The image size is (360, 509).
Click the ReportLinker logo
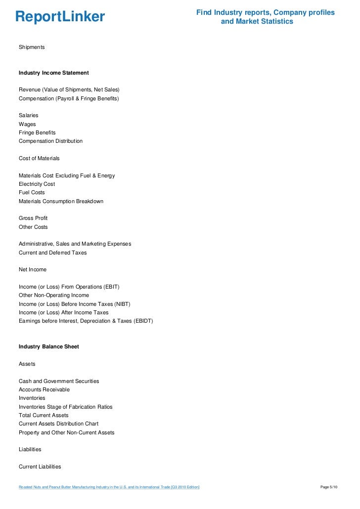click(60, 17)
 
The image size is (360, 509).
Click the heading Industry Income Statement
click(53, 73)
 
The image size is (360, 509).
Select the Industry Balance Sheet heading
click(48, 346)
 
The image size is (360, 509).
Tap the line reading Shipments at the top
click(32, 47)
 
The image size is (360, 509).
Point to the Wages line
click(27, 124)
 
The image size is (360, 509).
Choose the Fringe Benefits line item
click(37, 132)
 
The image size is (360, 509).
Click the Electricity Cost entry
click(37, 184)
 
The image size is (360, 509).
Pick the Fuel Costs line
click(32, 192)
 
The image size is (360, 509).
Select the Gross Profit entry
click(33, 218)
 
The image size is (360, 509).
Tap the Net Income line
click(33, 269)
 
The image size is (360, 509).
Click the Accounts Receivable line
click(44, 389)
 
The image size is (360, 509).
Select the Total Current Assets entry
click(44, 415)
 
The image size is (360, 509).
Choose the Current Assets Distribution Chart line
click(58, 424)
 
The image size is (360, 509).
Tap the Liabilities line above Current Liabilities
click(30, 449)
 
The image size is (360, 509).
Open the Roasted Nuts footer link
click(109, 488)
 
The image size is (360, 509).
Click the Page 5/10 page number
click(329, 488)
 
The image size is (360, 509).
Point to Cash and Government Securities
click(59, 381)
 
